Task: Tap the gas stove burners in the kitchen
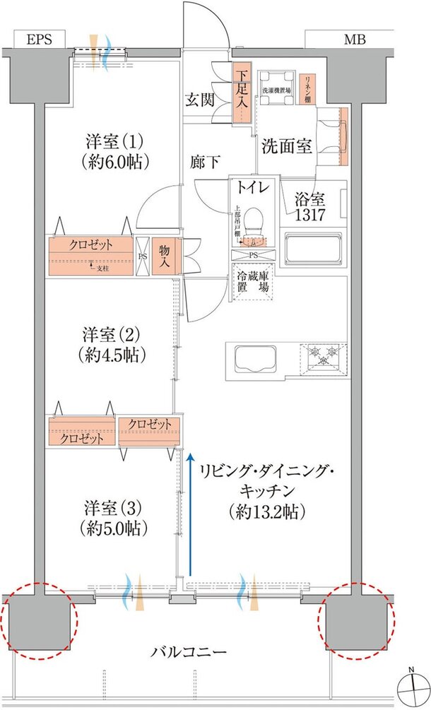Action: pyautogui.click(x=324, y=357)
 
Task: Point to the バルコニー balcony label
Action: pyautogui.click(x=189, y=651)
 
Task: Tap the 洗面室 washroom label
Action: pyautogui.click(x=287, y=147)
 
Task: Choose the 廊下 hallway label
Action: pyautogui.click(x=204, y=162)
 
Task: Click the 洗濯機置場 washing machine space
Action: pyautogui.click(x=276, y=90)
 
